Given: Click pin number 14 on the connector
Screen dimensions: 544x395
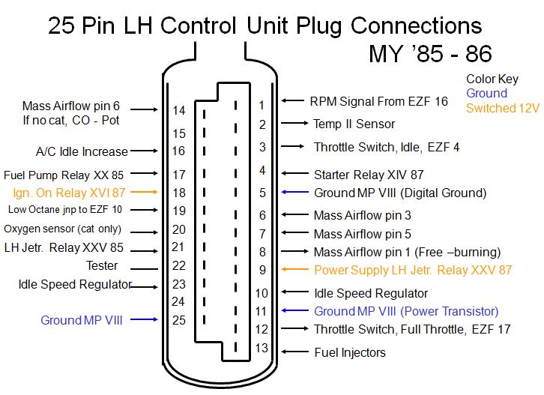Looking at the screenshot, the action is coord(179,110).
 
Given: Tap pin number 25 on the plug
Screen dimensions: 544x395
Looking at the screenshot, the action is coord(178,320).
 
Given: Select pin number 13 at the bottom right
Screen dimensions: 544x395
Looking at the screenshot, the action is coord(262,348).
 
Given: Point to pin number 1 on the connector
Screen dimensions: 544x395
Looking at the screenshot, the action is coord(262,105).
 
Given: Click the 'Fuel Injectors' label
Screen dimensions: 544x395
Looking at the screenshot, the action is coord(350,353).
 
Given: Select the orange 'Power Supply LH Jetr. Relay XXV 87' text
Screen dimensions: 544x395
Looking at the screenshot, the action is coord(413,270).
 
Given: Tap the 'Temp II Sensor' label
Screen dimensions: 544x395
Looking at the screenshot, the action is coord(354,124).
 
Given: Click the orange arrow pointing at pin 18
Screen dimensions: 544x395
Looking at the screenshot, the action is coord(144,192).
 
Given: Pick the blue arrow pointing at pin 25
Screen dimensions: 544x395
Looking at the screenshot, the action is coord(144,319).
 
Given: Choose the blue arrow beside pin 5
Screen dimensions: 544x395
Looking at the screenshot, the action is coord(295,192).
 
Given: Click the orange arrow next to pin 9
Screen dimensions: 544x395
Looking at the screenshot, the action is coord(295,269).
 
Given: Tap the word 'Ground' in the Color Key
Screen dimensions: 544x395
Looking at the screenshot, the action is coord(487,93).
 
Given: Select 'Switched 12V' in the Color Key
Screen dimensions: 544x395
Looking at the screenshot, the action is coord(503,108).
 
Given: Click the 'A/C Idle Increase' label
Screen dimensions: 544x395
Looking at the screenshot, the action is coord(82,151).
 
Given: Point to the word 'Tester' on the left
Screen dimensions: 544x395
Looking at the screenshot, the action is coord(102,265).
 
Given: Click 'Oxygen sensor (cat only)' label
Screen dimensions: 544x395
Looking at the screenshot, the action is coord(62,229).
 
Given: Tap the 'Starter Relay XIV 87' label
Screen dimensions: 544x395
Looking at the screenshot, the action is coord(369,175).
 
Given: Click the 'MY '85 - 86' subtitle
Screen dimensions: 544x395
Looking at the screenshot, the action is coord(430,54).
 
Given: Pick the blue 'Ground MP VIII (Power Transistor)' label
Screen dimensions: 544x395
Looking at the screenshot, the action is coord(406,311).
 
